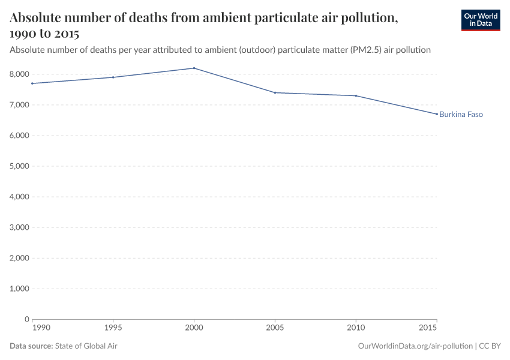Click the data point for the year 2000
pyautogui.click(x=194, y=68)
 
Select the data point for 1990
pyautogui.click(x=32, y=83)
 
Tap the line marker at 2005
pyautogui.click(x=275, y=92)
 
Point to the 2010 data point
pyautogui.click(x=356, y=95)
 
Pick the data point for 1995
pyautogui.click(x=113, y=77)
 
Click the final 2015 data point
pyautogui.click(x=437, y=114)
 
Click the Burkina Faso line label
pyautogui.click(x=461, y=114)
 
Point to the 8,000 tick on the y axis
pyautogui.click(x=20, y=74)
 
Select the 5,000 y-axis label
pyautogui.click(x=20, y=166)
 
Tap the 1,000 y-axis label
pyautogui.click(x=20, y=289)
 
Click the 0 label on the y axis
pyautogui.click(x=27, y=319)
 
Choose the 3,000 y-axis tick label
pyautogui.click(x=20, y=227)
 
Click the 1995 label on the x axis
pyautogui.click(x=113, y=328)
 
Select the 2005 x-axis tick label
pyautogui.click(x=275, y=328)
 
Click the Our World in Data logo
pyautogui.click(x=480, y=20)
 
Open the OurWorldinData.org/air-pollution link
pyautogui.click(x=415, y=346)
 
